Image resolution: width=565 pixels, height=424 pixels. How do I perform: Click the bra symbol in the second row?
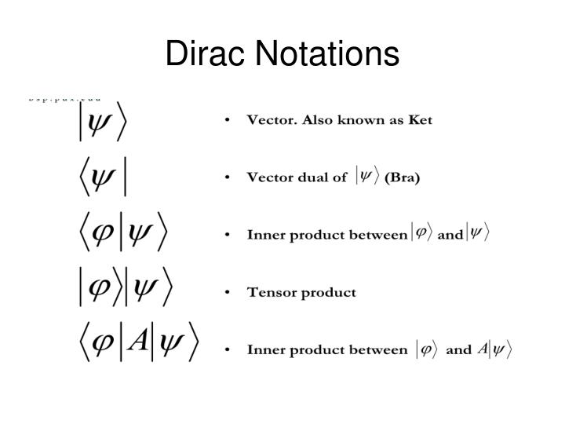[x=102, y=177]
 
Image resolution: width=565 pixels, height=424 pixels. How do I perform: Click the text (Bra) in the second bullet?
[x=402, y=177]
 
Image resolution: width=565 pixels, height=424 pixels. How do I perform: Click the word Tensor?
[x=271, y=292]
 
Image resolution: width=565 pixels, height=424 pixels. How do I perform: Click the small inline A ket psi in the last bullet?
[x=494, y=349]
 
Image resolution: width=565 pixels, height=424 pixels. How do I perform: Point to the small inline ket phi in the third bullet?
[x=422, y=234]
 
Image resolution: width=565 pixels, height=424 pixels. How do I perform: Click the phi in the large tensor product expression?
[x=100, y=289]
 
